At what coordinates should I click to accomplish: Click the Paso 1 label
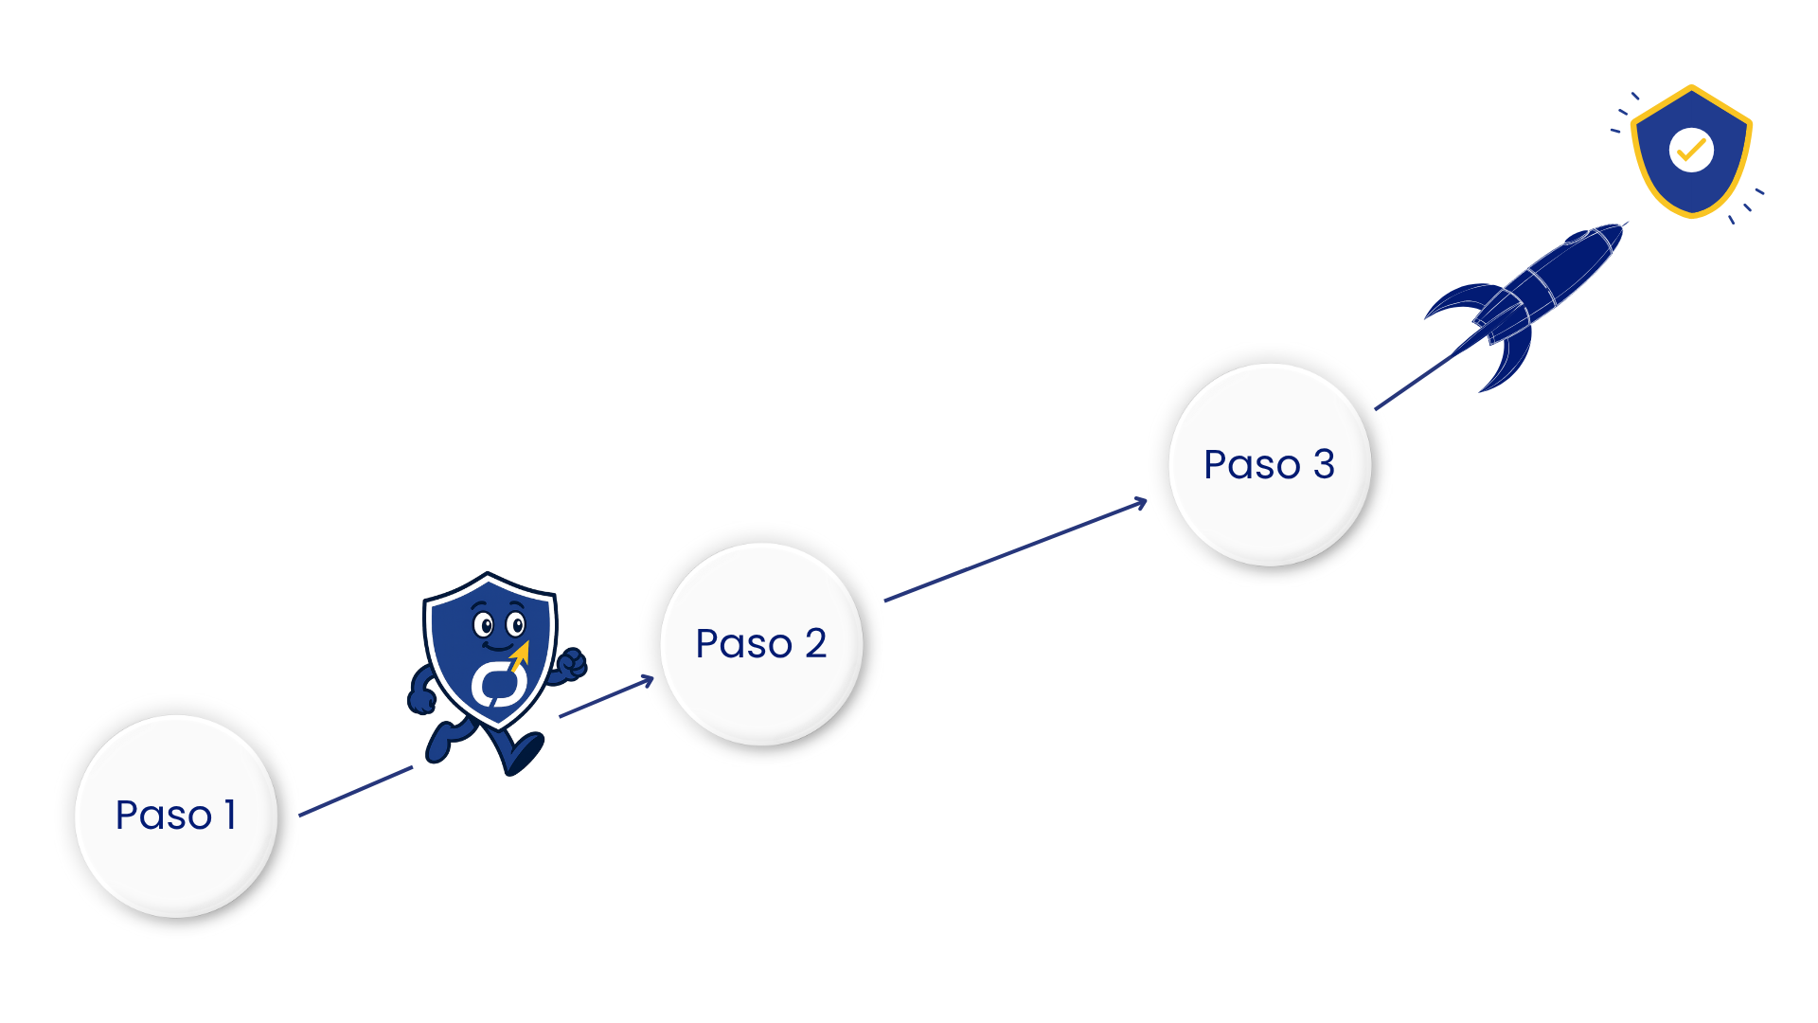point(175,816)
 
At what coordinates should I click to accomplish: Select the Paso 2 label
point(760,644)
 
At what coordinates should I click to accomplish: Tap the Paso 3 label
point(1269,465)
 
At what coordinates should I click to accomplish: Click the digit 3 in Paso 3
point(1324,465)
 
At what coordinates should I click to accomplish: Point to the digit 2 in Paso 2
point(815,644)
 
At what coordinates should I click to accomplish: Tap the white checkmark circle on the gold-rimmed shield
point(1691,150)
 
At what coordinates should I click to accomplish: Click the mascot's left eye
point(484,625)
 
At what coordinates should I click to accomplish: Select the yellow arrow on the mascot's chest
point(520,655)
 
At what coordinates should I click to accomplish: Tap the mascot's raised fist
point(571,665)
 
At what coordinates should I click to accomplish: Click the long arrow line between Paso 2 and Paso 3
point(1013,551)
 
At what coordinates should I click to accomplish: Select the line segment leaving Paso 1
point(355,792)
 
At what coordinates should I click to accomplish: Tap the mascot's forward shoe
point(523,753)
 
